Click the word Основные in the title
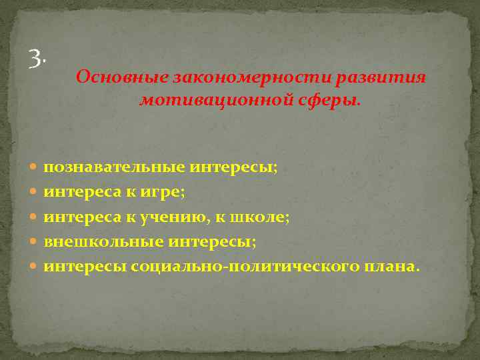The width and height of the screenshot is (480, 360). coord(121,77)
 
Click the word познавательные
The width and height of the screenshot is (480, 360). coord(114,167)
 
